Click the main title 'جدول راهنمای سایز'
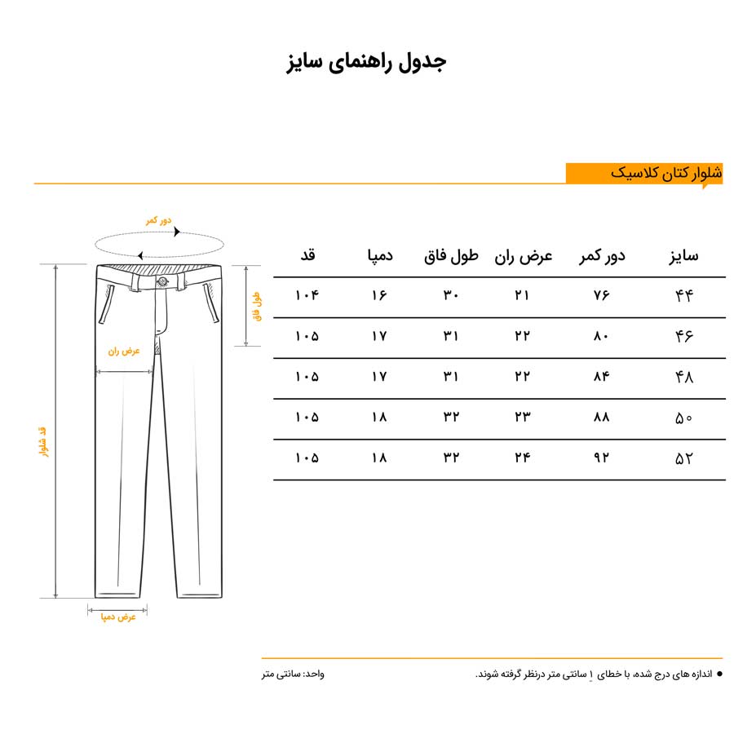pyautogui.click(x=366, y=63)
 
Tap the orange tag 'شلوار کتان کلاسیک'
pyautogui.click(x=665, y=174)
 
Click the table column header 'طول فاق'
pyautogui.click(x=451, y=256)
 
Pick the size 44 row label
pyautogui.click(x=683, y=296)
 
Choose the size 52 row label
pyautogui.click(x=683, y=458)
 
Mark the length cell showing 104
pyautogui.click(x=307, y=296)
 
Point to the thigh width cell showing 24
pyautogui.click(x=523, y=458)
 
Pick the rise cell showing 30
pyautogui.click(x=451, y=296)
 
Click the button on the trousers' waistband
pyautogui.click(x=162, y=282)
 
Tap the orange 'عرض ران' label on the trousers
pyautogui.click(x=124, y=352)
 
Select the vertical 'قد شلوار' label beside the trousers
pyautogui.click(x=43, y=440)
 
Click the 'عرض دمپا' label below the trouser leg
pyautogui.click(x=117, y=617)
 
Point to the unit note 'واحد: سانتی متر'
pyautogui.click(x=293, y=674)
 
